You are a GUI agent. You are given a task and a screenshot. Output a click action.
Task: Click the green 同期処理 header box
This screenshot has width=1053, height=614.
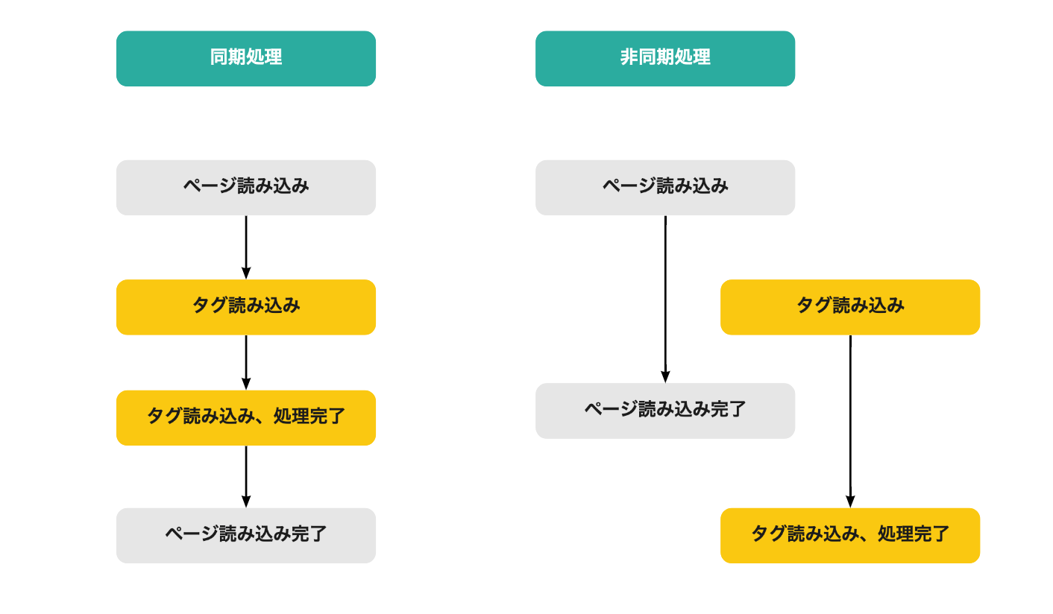(x=246, y=59)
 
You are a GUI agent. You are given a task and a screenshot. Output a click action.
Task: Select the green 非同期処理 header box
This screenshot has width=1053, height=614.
(x=665, y=59)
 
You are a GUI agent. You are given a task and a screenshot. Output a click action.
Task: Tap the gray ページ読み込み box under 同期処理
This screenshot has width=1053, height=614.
(x=246, y=188)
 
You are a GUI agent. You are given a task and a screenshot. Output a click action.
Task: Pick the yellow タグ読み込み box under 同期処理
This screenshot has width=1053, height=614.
(x=246, y=307)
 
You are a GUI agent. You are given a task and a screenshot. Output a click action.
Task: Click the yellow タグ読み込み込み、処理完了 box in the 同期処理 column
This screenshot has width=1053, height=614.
(x=246, y=417)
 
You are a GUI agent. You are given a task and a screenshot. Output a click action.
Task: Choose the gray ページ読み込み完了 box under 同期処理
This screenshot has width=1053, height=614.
(x=246, y=536)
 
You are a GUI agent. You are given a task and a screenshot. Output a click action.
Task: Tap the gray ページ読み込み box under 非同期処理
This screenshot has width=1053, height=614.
(x=665, y=188)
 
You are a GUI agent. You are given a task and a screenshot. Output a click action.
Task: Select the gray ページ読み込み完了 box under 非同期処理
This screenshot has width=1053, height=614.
(x=665, y=411)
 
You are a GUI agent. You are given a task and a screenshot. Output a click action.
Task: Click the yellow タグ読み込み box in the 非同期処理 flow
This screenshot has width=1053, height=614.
(x=850, y=307)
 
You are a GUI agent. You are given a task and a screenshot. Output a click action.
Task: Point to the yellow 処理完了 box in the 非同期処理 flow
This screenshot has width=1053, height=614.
(x=850, y=536)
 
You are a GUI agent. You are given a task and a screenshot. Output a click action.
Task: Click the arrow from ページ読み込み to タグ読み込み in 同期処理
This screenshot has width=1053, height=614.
(x=246, y=247)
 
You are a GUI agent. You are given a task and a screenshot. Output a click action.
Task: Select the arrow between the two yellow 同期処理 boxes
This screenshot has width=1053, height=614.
(x=246, y=363)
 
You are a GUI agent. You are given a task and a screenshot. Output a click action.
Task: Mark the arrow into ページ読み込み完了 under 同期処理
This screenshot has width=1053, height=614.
(x=246, y=477)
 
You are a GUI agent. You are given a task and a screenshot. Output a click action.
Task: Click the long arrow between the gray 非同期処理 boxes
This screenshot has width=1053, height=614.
(x=665, y=300)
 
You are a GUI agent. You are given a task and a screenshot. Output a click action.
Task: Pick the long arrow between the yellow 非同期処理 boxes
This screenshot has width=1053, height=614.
(x=850, y=422)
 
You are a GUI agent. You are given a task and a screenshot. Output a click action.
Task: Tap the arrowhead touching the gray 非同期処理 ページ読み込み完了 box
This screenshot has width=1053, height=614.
(x=665, y=377)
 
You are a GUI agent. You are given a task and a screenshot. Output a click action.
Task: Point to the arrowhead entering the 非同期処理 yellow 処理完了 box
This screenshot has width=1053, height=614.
(x=850, y=501)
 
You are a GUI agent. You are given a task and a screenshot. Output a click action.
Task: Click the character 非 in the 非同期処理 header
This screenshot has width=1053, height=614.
(x=629, y=57)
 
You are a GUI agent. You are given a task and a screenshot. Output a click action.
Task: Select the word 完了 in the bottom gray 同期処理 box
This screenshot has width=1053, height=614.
(x=309, y=534)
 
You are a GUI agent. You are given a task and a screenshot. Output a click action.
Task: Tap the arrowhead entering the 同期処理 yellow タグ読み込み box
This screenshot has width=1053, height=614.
(x=246, y=273)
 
